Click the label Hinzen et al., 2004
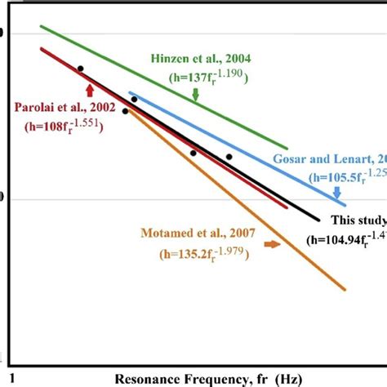tap(200, 60)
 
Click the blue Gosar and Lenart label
tap(327, 160)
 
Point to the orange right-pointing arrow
tap(272, 243)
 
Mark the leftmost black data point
tap(80, 69)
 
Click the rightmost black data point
tap(229, 156)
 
